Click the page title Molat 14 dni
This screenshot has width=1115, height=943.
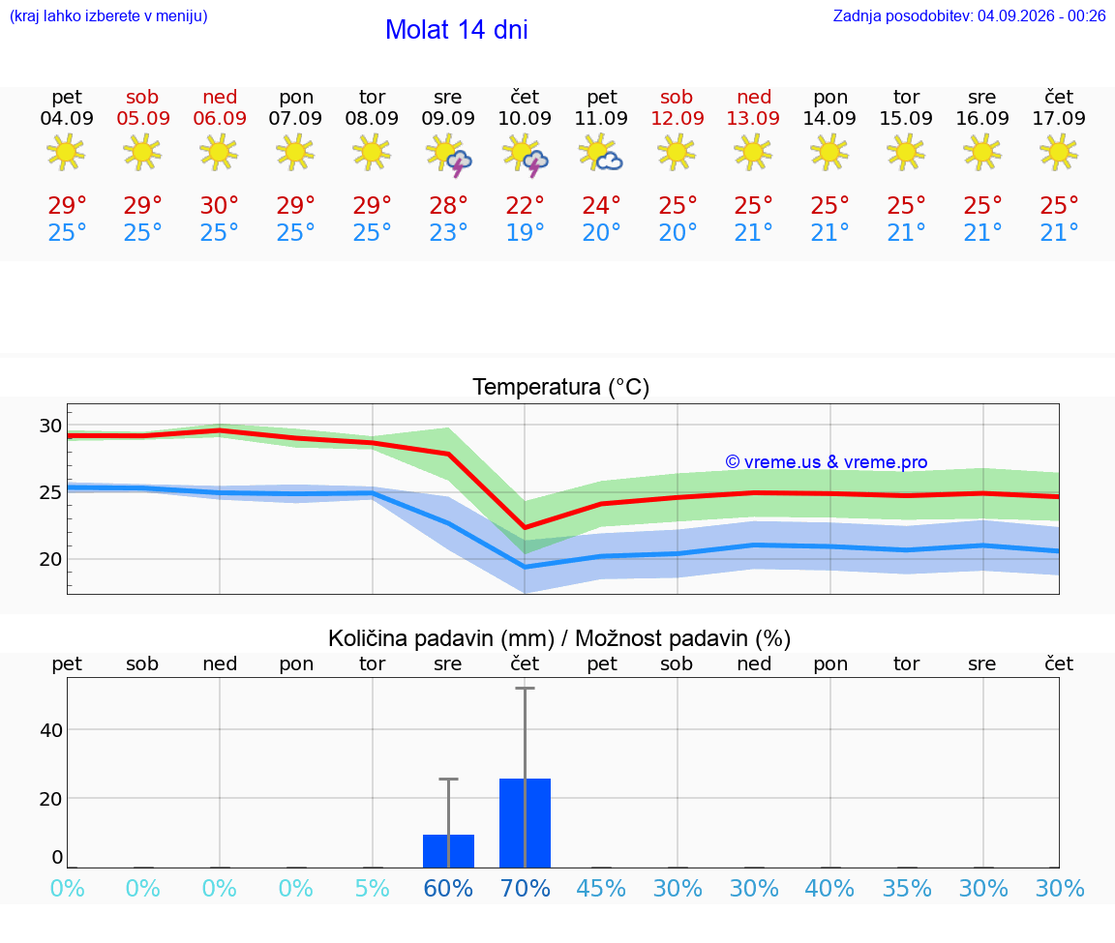click(x=457, y=30)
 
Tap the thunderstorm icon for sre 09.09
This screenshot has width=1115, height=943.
click(x=449, y=154)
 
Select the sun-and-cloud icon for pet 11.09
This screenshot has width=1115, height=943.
click(x=601, y=153)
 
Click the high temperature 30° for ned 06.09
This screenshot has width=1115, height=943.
click(x=219, y=205)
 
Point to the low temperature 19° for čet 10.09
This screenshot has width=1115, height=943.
click(x=525, y=232)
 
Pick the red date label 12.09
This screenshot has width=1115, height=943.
click(x=678, y=118)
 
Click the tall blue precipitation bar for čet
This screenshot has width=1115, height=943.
click(x=525, y=823)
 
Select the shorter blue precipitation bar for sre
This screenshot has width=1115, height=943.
click(x=449, y=850)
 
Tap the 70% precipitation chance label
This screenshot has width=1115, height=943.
click(x=525, y=888)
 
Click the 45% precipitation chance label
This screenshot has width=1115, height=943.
click(x=601, y=888)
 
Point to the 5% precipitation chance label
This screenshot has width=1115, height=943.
click(x=372, y=888)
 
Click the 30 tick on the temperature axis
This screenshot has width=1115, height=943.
click(x=50, y=426)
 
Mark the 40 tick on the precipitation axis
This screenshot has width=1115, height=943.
click(x=51, y=730)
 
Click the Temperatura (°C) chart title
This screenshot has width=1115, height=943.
click(x=561, y=387)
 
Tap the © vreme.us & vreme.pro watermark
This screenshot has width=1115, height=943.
click(x=827, y=462)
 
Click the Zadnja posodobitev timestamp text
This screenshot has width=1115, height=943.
click(x=969, y=15)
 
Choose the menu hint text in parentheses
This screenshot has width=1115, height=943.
click(x=108, y=15)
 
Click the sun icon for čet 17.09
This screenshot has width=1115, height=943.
click(x=1059, y=152)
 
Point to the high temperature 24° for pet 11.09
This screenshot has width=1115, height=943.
click(x=601, y=205)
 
